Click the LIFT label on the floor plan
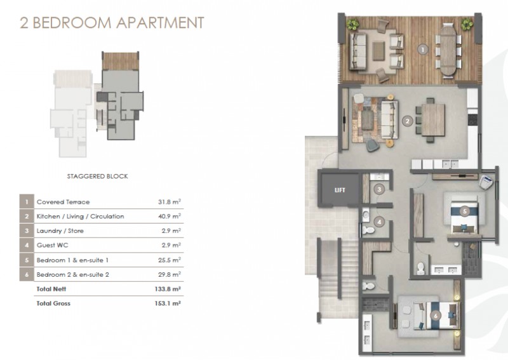pyautogui.click(x=340, y=190)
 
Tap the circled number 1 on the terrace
pyautogui.click(x=422, y=50)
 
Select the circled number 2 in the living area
pyautogui.click(x=407, y=121)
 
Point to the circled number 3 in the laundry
pyautogui.click(x=379, y=189)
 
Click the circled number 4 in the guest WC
pyautogui.click(x=379, y=222)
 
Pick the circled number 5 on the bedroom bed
pyautogui.click(x=465, y=211)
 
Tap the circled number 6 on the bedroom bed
pyautogui.click(x=436, y=316)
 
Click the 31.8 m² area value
pyautogui.click(x=169, y=202)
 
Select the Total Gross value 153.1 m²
pyautogui.click(x=168, y=303)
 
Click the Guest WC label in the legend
pyautogui.click(x=53, y=245)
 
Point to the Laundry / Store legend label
pyautogui.click(x=60, y=231)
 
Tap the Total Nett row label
pyautogui.click(x=51, y=289)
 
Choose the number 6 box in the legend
pyautogui.click(x=27, y=274)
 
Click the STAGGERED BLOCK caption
pyautogui.click(x=98, y=177)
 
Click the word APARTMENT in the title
pyautogui.click(x=160, y=23)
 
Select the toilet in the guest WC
pyautogui.click(x=368, y=230)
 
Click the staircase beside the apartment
pyautogui.click(x=329, y=279)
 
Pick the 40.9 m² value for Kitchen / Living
pyautogui.click(x=169, y=216)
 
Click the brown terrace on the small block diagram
pyautogui.click(x=120, y=61)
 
